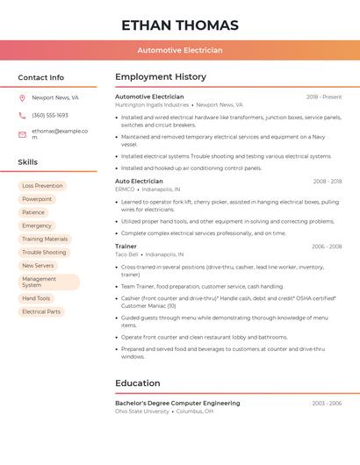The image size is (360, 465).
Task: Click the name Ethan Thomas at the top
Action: pyautogui.click(x=180, y=25)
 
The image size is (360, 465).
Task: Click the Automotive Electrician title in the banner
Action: pyautogui.click(x=180, y=50)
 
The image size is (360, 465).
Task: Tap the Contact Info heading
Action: pyautogui.click(x=41, y=77)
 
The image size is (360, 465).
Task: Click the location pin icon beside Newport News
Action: pyautogui.click(x=22, y=98)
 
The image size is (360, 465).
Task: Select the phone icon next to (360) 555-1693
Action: pyautogui.click(x=22, y=115)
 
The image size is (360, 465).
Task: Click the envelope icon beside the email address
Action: pyautogui.click(x=22, y=134)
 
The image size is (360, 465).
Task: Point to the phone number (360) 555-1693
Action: pyautogui.click(x=50, y=115)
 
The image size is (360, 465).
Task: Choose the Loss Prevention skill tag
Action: pyautogui.click(x=42, y=186)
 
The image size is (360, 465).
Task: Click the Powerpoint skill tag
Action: pyautogui.click(x=37, y=199)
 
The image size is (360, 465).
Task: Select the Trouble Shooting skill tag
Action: pyautogui.click(x=44, y=253)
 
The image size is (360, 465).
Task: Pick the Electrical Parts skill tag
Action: pyautogui.click(x=41, y=311)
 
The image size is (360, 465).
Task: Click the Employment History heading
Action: pyautogui.click(x=161, y=77)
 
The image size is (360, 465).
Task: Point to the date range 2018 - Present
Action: pyautogui.click(x=324, y=97)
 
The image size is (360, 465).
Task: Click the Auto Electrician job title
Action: pyautogui.click(x=139, y=181)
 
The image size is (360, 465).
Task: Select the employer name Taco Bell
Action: pyautogui.click(x=127, y=254)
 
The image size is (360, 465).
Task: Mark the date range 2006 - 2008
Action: pyautogui.click(x=327, y=247)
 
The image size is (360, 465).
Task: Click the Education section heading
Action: pyautogui.click(x=138, y=383)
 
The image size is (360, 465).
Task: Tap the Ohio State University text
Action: pyautogui.click(x=142, y=411)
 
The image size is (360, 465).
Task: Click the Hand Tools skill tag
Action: pyautogui.click(x=36, y=298)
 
